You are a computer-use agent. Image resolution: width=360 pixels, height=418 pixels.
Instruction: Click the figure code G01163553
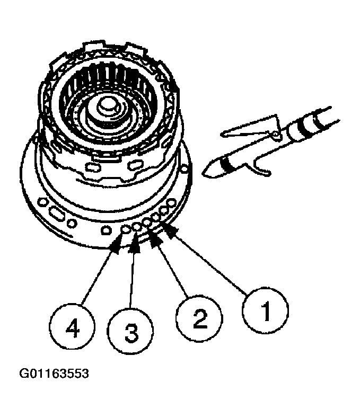pos(54,374)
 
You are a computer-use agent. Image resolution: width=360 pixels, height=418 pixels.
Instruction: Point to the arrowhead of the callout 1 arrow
pos(166,226)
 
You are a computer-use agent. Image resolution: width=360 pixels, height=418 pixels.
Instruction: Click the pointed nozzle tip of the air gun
pos(205,172)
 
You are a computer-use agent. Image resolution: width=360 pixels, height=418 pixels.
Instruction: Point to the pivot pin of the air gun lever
pos(275,136)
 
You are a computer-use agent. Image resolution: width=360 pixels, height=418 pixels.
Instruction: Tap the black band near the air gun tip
pos(229,163)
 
